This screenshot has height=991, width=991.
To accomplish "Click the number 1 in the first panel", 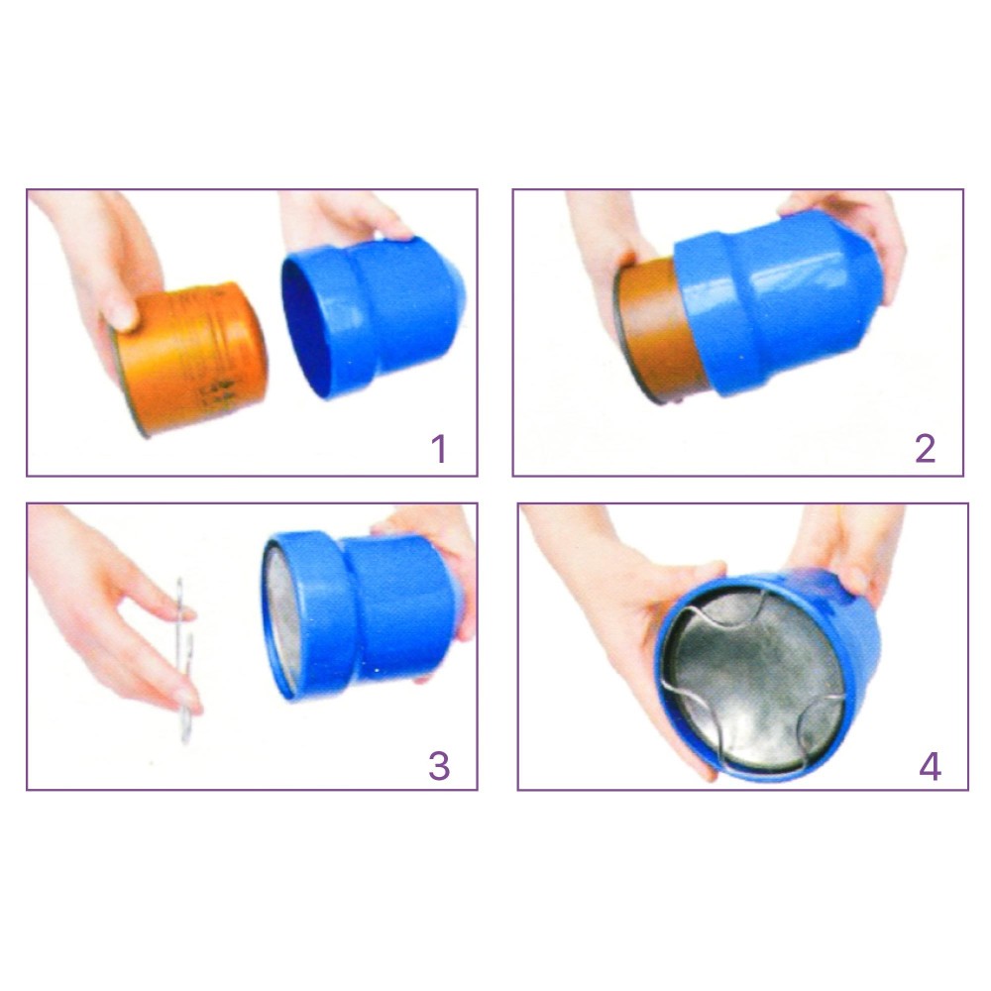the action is (x=439, y=449).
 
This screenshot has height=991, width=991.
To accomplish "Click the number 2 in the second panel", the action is (x=925, y=449).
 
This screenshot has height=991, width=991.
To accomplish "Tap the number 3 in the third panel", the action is (x=439, y=766).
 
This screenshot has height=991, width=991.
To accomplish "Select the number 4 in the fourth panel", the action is (x=930, y=766).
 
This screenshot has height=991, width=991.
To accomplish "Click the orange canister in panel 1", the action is (x=189, y=357).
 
